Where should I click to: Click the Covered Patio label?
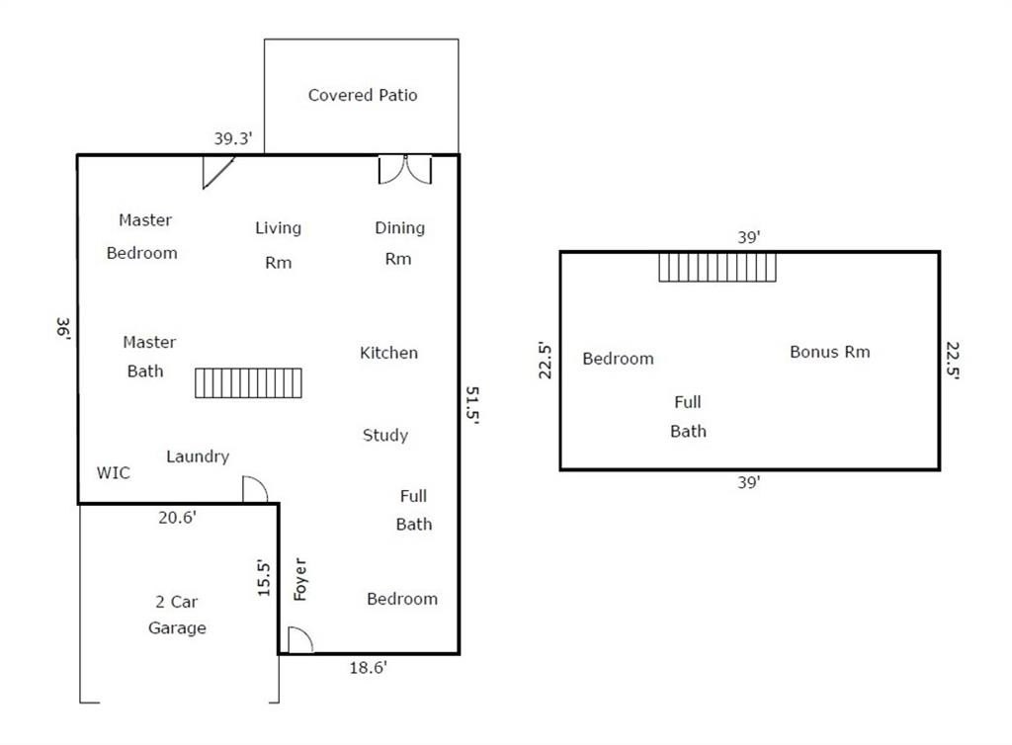click(363, 95)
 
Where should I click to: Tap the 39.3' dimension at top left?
click(234, 139)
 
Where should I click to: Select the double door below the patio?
click(405, 170)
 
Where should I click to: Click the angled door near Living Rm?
click(216, 172)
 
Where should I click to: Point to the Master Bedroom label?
click(143, 236)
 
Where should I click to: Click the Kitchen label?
click(388, 353)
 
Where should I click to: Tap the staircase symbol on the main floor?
click(248, 382)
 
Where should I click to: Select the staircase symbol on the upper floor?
click(717, 267)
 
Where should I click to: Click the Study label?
click(385, 435)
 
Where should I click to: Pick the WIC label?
click(113, 473)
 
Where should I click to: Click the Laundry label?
click(198, 456)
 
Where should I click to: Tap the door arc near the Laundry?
click(255, 489)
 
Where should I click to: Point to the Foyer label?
click(301, 580)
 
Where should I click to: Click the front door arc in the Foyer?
click(299, 640)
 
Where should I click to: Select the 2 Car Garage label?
click(178, 615)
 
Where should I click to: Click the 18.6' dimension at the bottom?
click(369, 668)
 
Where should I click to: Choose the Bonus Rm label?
click(830, 352)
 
